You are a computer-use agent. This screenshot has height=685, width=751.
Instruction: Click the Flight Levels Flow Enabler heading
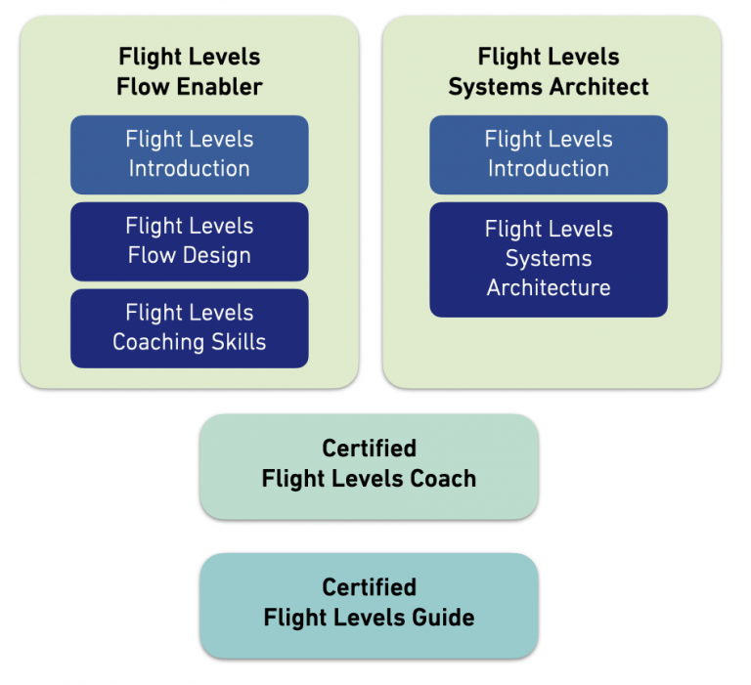pos(189,71)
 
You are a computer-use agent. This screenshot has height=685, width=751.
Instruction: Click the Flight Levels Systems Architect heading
pos(549,71)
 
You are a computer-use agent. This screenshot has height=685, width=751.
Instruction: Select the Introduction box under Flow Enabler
pos(189,154)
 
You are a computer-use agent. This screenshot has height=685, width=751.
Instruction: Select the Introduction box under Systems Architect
pos(549,154)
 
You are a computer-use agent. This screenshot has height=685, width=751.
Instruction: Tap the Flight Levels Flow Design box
pos(189,241)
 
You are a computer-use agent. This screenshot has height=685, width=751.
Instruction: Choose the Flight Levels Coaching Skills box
pos(189,328)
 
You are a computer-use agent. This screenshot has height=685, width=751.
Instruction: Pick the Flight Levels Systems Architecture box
pos(549,259)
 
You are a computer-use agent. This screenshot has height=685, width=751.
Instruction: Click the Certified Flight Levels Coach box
pos(369,464)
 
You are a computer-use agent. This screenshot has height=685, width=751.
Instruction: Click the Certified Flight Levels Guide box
pos(369,604)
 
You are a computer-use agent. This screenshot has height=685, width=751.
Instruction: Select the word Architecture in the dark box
pos(549,288)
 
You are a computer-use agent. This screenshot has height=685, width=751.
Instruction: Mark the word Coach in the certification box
pos(443,479)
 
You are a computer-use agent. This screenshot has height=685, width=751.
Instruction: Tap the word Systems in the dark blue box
pos(549,259)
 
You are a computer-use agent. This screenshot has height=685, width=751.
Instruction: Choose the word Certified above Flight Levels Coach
pos(369,449)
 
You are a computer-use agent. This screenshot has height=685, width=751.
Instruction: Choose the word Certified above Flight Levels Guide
pos(369,588)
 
